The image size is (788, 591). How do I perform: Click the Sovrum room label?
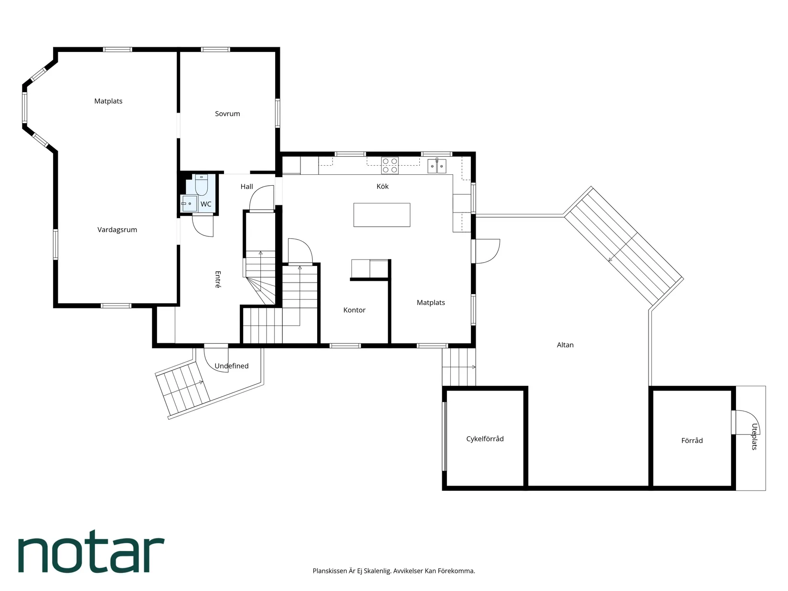point(227,114)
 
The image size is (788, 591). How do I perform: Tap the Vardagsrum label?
point(117,230)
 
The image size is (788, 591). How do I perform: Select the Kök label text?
point(383,186)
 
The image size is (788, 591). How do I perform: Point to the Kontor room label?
point(354,310)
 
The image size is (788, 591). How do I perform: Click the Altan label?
point(565,345)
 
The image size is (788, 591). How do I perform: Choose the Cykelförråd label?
point(485,439)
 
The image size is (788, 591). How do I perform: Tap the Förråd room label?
point(692,440)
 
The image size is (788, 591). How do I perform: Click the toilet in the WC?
point(202,184)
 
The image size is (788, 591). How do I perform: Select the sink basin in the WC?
point(189,203)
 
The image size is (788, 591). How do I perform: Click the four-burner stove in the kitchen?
point(390,166)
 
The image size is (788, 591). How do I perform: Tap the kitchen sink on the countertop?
point(437,166)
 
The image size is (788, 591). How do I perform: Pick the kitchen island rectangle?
point(382,214)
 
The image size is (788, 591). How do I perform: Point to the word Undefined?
point(231,366)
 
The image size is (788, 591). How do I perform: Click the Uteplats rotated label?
point(754,436)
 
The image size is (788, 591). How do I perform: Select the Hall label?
point(246,187)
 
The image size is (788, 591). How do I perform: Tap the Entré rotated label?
point(218,280)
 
